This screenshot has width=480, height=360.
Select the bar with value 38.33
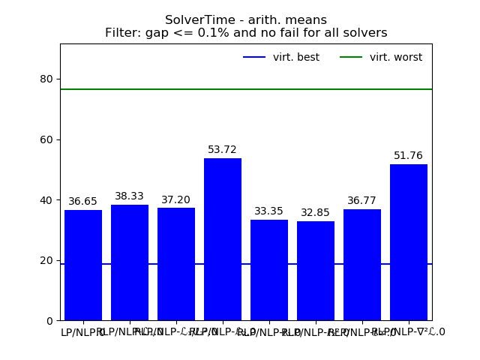(130, 262)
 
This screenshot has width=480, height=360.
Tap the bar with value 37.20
(176, 264)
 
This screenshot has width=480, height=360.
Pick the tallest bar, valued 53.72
(223, 239)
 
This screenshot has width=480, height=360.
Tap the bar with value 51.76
(409, 242)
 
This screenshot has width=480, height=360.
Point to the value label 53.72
(223, 150)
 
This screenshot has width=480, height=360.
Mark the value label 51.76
(409, 156)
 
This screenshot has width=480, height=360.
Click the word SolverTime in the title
(196, 20)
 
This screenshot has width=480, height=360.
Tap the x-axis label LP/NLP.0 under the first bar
(83, 332)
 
